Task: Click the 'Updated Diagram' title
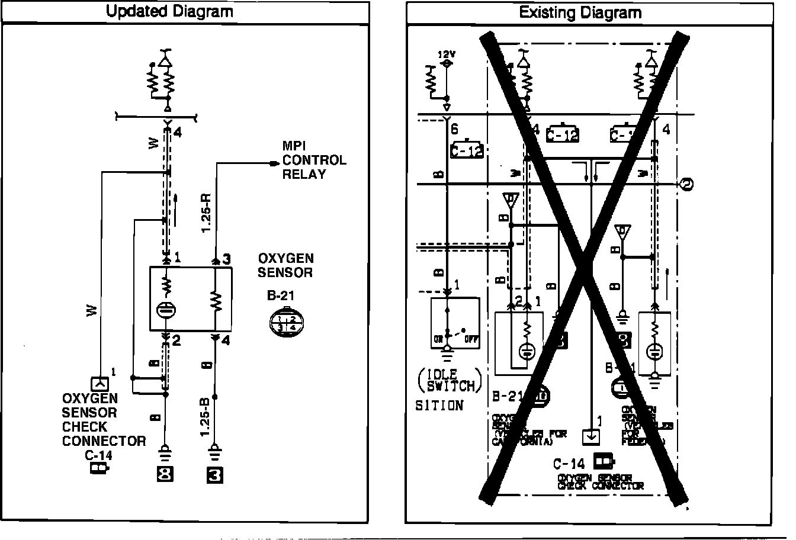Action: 169,12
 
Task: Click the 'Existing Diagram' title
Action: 580,12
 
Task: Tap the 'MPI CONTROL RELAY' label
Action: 314,160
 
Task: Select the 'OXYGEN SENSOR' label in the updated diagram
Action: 285,265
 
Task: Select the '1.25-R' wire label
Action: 207,212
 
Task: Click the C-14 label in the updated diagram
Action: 99,455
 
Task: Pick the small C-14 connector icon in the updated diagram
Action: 99,469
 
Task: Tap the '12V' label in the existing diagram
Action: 446,53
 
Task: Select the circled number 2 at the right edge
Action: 688,184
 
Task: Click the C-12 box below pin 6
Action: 467,150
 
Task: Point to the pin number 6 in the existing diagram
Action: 455,128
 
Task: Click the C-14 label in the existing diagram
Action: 569,464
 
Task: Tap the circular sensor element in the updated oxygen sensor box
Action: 165,310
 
